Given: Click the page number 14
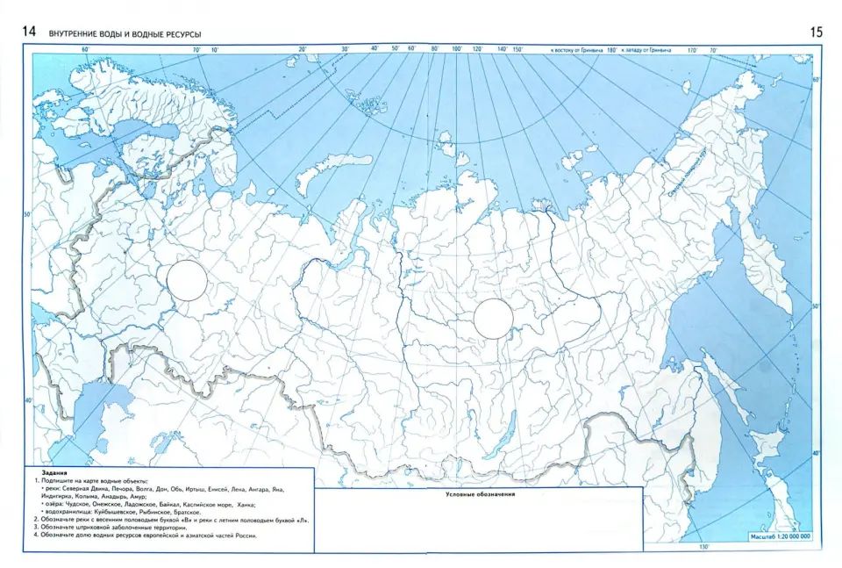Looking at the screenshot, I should [x=29, y=32].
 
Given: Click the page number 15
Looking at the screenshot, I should [x=817, y=32].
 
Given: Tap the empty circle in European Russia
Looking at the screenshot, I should [x=187, y=280].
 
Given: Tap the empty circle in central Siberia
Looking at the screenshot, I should [x=493, y=318].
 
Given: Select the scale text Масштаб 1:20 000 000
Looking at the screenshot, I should [x=781, y=536].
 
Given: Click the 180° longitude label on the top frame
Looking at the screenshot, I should [x=611, y=50].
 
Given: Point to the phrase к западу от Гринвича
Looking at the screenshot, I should [x=647, y=50].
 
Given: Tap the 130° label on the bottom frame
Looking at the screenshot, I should [x=703, y=548].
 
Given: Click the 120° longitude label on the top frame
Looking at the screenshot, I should [x=477, y=49].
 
